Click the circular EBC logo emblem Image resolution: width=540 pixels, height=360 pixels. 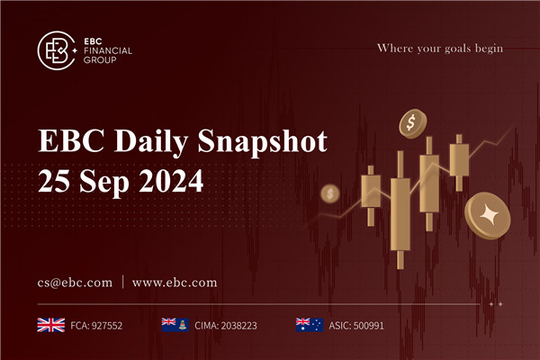pyautogui.click(x=57, y=50)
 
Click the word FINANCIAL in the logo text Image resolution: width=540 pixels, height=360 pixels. pyautogui.click(x=106, y=50)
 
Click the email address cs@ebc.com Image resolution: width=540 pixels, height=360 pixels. pyautogui.click(x=76, y=283)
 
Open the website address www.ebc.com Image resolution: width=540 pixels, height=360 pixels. pyautogui.click(x=175, y=283)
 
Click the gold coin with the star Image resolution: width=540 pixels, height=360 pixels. pyautogui.click(x=487, y=215)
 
